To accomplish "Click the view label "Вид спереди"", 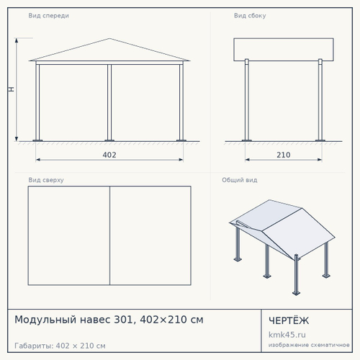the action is (48, 16).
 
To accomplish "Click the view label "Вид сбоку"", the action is (250, 16).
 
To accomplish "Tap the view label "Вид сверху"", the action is (46, 180).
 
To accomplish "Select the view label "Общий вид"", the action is (240, 180).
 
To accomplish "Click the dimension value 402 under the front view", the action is (109, 155).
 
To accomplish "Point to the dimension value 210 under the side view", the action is (284, 155).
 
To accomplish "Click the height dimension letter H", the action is (12, 89).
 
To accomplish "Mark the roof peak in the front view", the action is (109, 38).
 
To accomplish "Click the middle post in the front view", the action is (109, 102).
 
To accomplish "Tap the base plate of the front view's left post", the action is (37, 140).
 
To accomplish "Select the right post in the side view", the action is (320, 99).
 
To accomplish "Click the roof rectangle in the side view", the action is (284, 50).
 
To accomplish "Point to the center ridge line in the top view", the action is (109, 235).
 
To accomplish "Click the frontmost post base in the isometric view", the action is (296, 293).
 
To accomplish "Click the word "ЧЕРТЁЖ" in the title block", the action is (289, 320).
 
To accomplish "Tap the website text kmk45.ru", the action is (287, 335).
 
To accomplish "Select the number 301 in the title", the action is (123, 320).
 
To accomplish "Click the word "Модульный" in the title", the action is (45, 320).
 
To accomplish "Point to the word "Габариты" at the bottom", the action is (34, 346).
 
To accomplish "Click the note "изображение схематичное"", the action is (309, 345).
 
